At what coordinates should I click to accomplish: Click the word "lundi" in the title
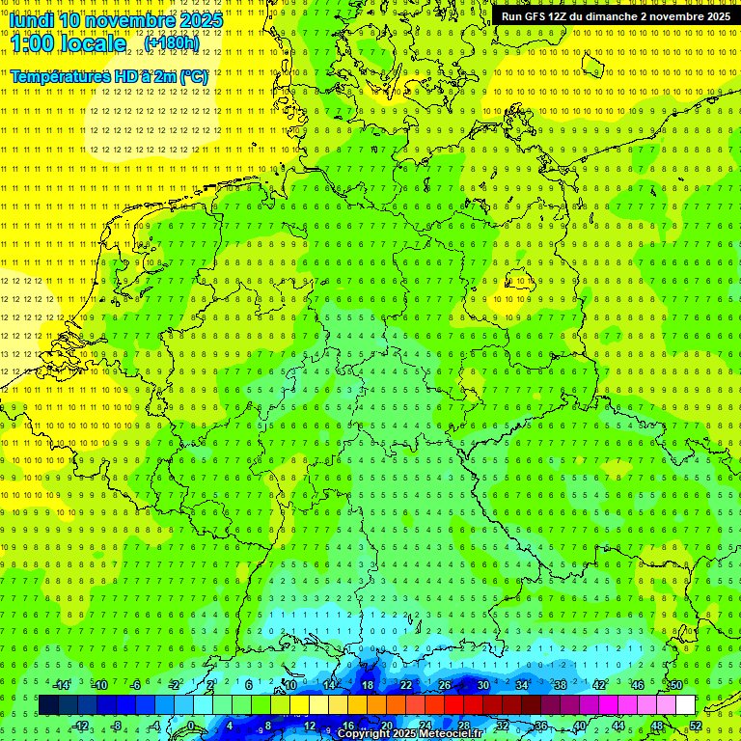pos(31,20)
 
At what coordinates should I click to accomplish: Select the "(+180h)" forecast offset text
pos(171,42)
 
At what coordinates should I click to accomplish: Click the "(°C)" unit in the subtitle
pos(193,76)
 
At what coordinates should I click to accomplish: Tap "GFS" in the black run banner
pos(536,16)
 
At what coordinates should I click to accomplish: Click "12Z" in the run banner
pos(563,16)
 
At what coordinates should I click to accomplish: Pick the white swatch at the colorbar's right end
pos(685,705)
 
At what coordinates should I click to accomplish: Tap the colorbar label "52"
pos(696,726)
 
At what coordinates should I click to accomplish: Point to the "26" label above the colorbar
pos(445,685)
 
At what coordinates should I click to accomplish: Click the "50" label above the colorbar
pos(675,685)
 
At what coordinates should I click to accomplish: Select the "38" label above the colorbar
pos(560,685)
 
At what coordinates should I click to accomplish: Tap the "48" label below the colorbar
pos(657,726)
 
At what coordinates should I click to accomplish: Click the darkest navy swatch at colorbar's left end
pos(48,705)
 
